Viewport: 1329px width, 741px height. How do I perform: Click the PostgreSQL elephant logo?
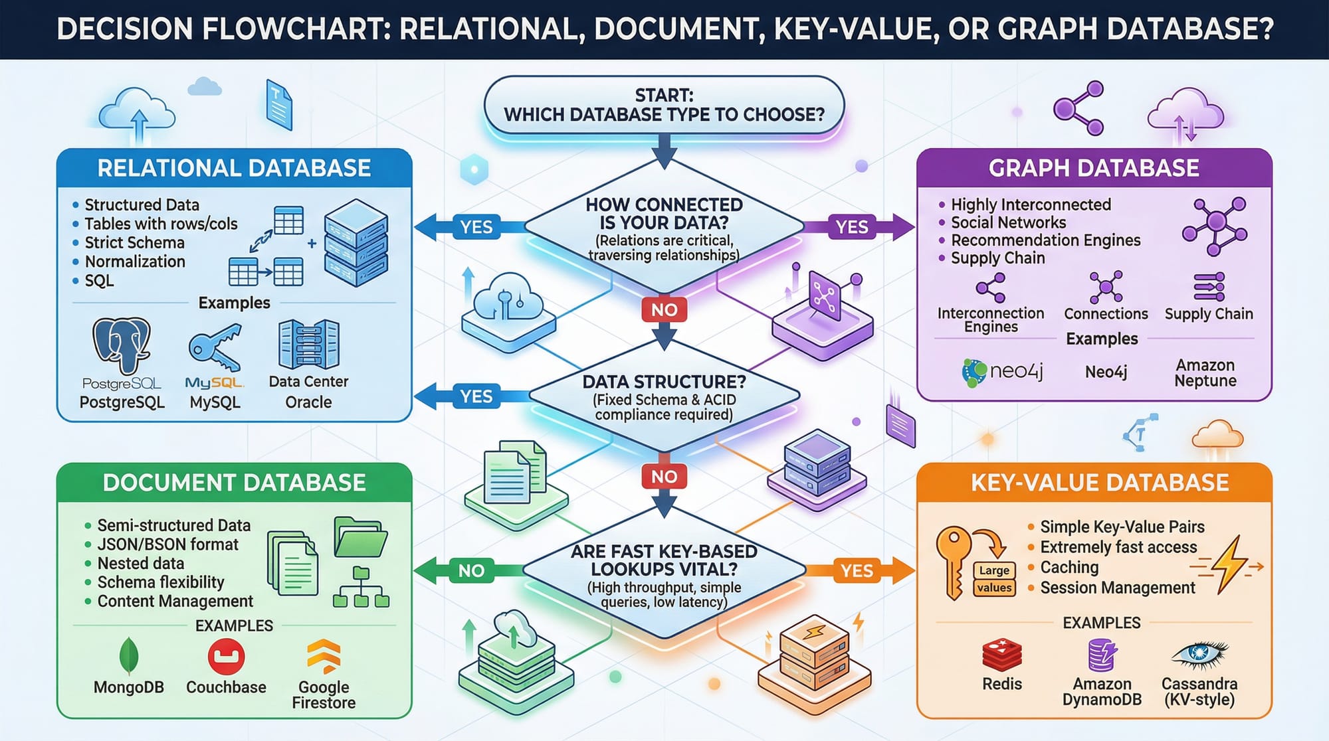click(x=121, y=345)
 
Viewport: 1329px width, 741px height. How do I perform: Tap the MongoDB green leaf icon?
click(x=128, y=656)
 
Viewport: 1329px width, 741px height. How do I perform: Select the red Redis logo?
click(x=1001, y=655)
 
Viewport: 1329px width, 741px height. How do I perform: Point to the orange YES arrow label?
click(x=857, y=570)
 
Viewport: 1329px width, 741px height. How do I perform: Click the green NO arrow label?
click(x=471, y=570)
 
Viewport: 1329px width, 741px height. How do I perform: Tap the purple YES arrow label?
click(x=852, y=227)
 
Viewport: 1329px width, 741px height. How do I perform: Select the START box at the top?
click(x=664, y=106)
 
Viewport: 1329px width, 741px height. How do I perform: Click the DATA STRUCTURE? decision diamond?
click(x=664, y=397)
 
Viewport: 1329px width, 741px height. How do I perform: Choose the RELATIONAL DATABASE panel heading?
click(x=234, y=168)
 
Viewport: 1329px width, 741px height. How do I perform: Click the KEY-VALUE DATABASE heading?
click(x=1100, y=483)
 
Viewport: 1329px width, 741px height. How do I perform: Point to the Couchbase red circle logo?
click(x=226, y=657)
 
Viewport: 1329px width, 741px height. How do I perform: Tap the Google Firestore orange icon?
click(x=324, y=657)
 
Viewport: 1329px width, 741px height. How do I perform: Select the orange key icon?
click(x=953, y=561)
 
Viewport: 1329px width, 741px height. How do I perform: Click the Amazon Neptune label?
click(x=1205, y=372)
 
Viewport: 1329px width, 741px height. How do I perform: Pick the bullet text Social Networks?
click(x=1008, y=222)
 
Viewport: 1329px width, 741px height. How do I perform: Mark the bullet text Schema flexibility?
click(x=161, y=582)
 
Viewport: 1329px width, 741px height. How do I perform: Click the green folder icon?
click(x=360, y=536)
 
